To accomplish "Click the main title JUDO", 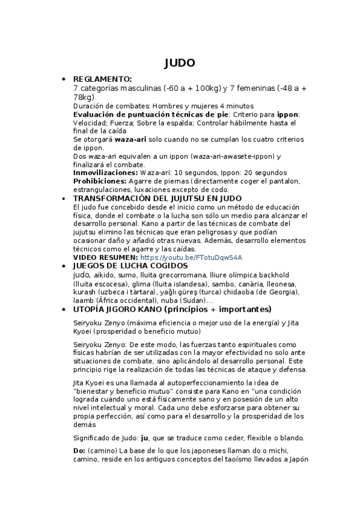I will tap(180, 63).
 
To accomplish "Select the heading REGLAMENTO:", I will tap(102, 79).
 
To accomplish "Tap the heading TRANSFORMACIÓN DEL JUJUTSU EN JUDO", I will tap(157, 198).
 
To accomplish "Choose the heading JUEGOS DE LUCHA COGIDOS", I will tap(130, 265).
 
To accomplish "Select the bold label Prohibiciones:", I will tap(99, 180).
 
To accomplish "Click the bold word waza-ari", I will tap(132, 138).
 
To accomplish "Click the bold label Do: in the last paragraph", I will tap(79, 450).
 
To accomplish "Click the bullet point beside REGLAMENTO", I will tap(63, 79).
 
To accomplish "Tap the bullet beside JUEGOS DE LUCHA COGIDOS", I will tap(63, 266).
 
